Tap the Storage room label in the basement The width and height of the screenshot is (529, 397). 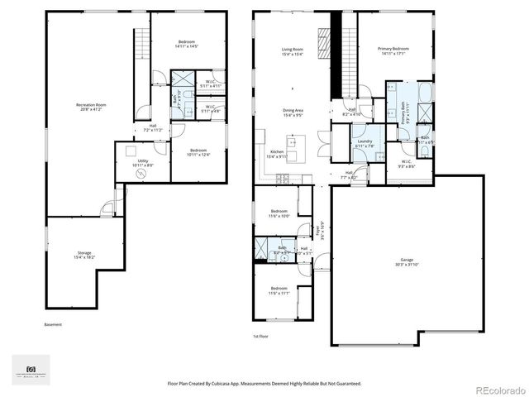[85, 256]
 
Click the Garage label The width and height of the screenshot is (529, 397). [407, 261]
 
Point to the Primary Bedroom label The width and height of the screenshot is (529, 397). [393, 51]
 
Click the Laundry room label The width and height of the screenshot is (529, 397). [365, 143]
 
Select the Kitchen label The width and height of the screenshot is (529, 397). [276, 154]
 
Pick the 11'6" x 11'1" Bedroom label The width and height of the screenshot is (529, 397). [278, 291]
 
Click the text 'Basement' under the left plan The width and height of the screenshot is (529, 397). [53, 324]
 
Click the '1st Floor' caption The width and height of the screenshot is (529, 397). [261, 337]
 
